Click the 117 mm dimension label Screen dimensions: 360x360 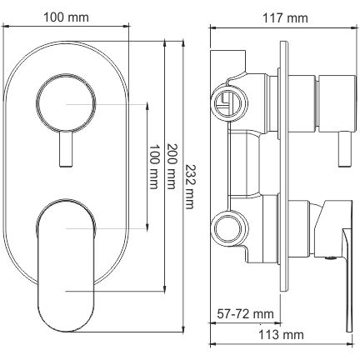click(x=285, y=18)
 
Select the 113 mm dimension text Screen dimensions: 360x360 click(x=281, y=335)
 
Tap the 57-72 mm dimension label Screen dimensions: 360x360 click(x=245, y=314)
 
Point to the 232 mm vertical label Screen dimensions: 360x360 click(x=189, y=187)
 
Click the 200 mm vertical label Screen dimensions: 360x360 click(x=172, y=167)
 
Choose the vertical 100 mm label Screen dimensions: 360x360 click(x=153, y=167)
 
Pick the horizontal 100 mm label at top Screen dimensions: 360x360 click(x=67, y=17)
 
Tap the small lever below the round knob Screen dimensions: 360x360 click(x=66, y=149)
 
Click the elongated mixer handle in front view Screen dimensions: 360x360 click(x=66, y=265)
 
